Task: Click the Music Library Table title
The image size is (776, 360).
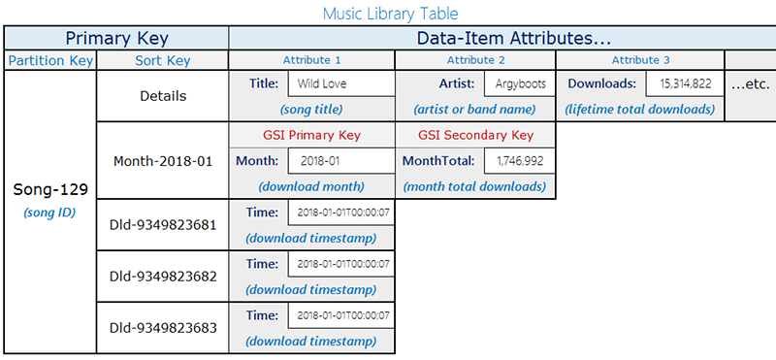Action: [390, 13]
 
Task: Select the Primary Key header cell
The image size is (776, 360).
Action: [115, 39]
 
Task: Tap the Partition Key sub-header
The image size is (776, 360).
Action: [50, 61]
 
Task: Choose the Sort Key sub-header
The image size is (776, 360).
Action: [162, 61]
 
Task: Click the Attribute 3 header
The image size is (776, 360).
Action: [639, 61]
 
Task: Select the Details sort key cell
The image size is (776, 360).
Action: [162, 97]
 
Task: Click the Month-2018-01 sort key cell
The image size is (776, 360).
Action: [162, 161]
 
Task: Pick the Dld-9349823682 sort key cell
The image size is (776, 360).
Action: [162, 277]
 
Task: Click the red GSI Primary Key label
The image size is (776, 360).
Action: [311, 135]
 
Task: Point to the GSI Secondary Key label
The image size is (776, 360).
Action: [475, 135]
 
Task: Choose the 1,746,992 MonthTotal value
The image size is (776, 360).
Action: [518, 161]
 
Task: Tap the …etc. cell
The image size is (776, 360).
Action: [749, 83]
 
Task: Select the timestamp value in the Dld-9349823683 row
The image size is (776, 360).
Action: [340, 315]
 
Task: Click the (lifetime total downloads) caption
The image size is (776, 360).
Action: [639, 109]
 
